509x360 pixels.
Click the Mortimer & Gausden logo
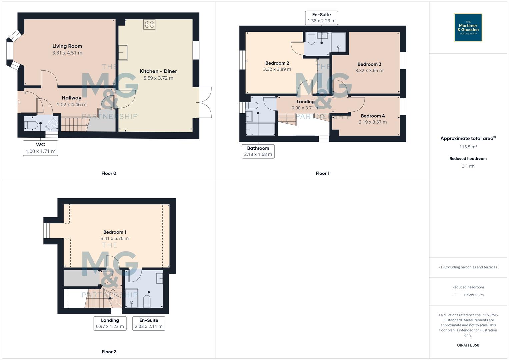point(468,27)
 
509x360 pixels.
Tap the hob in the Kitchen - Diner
point(149,24)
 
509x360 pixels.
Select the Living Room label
point(67,46)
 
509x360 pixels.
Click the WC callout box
point(40,148)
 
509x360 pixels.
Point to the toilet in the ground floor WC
point(30,125)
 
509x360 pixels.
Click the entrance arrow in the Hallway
point(19,102)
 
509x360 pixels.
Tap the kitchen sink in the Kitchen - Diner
point(123,53)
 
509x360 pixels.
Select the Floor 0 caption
point(109,173)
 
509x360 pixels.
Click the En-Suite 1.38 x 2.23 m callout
point(321,18)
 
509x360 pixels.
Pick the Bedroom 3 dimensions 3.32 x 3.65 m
point(369,71)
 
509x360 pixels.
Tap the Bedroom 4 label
point(373,116)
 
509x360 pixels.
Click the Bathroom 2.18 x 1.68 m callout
point(258,151)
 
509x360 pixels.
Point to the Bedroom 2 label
point(277,63)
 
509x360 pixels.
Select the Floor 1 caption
point(322,173)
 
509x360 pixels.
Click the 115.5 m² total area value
point(468,147)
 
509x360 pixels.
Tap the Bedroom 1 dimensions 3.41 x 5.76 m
point(115,239)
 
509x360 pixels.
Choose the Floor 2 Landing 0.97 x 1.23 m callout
point(110,323)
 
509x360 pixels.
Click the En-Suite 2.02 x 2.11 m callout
point(149,323)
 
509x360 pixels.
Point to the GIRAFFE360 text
point(468,345)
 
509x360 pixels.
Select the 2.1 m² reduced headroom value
point(468,166)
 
